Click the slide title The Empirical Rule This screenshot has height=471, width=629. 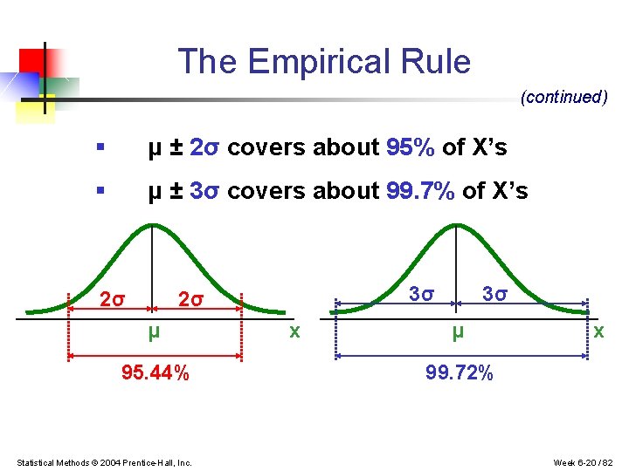pos(324,62)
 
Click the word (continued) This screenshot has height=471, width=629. pos(563,97)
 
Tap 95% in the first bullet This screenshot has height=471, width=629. pos(411,148)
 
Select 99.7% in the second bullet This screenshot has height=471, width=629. pos(420,190)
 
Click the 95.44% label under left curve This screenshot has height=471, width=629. pos(156,374)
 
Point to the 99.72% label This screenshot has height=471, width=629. pos(460,374)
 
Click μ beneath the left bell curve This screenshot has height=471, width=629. pos(153,331)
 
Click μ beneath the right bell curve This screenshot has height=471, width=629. pos(457,331)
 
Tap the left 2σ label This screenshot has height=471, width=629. pos(112,300)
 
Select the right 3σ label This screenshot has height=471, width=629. pos(495,294)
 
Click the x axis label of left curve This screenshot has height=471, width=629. pos(295,331)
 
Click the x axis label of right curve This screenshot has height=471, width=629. pos(598,331)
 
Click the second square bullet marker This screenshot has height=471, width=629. pos(102,190)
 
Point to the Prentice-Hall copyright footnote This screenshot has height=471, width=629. pos(105,461)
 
